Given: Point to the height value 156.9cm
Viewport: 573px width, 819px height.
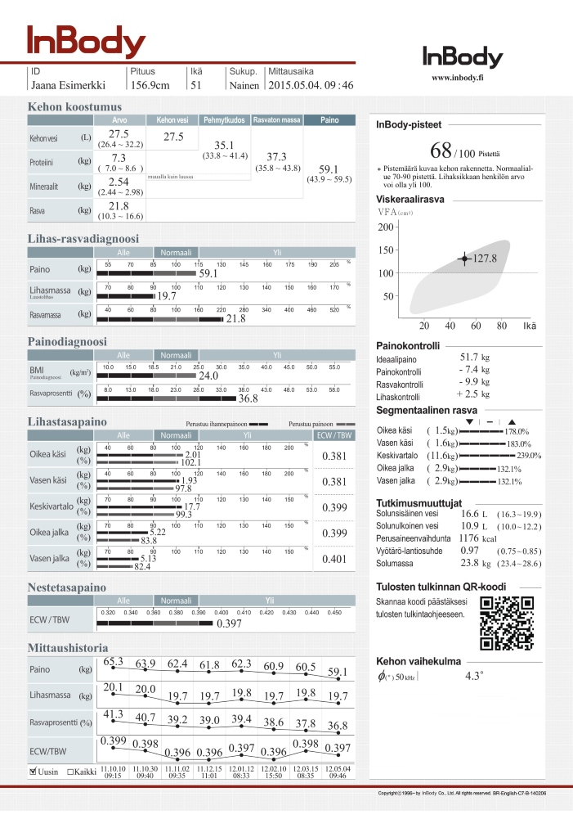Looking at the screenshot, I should pyautogui.click(x=150, y=85).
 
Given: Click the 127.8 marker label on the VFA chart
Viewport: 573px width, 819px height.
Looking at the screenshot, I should pyautogui.click(x=486, y=259).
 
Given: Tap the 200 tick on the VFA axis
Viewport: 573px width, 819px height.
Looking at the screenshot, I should pyautogui.click(x=387, y=227).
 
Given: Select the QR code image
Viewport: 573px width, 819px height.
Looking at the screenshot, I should pyautogui.click(x=504, y=623).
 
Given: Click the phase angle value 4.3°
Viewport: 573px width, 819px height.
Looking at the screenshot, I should pyautogui.click(x=474, y=677).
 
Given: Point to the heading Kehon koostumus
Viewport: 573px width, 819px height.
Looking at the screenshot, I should pyautogui.click(x=74, y=107).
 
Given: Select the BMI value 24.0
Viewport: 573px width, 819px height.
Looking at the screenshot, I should pyautogui.click(x=209, y=376).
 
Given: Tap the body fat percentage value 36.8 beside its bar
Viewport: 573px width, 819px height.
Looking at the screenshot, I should pyautogui.click(x=248, y=398).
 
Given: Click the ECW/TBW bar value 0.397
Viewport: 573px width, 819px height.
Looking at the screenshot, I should pyautogui.click(x=229, y=624).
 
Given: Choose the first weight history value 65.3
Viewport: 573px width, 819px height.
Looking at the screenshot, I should pyautogui.click(x=114, y=661).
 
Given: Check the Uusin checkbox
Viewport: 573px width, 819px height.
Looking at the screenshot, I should pyautogui.click(x=33, y=771).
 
